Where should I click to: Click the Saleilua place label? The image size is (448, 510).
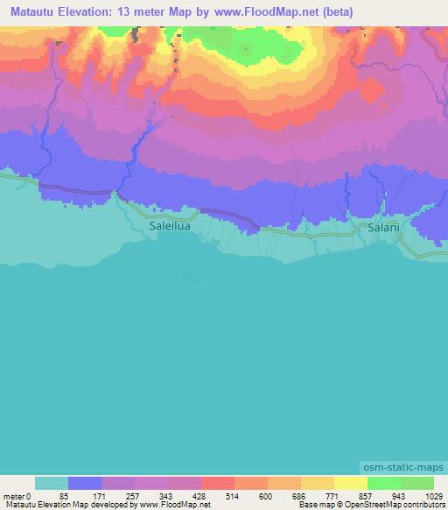click(170, 224)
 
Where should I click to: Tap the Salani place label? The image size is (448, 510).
click(383, 226)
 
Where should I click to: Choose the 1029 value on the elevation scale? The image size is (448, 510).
click(434, 496)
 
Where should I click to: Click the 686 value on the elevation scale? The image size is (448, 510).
click(297, 496)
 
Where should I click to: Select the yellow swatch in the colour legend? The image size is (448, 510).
click(350, 483)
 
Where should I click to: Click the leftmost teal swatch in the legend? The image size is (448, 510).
click(51, 483)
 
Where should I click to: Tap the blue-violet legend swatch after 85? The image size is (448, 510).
click(84, 483)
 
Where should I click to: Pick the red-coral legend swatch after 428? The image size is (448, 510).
click(217, 483)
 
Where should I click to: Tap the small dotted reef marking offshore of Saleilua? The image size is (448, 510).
click(191, 275)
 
